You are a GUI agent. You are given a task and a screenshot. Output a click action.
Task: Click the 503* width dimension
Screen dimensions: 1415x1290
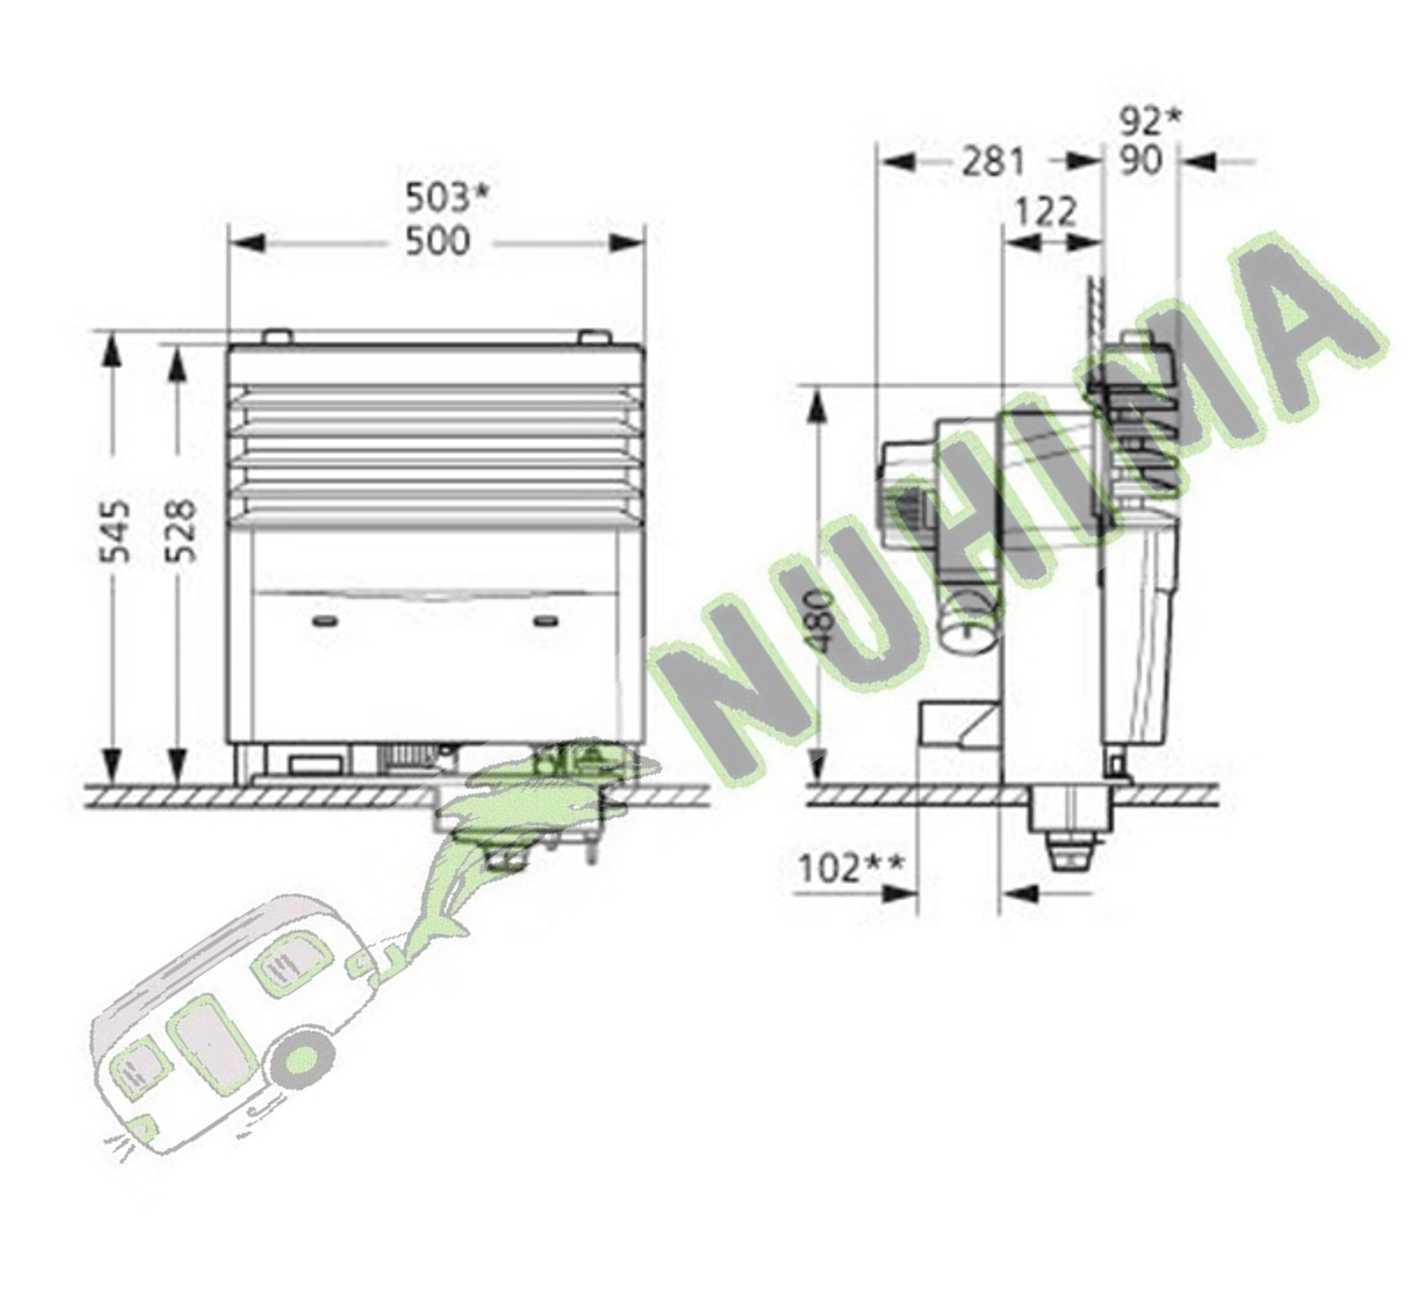(x=446, y=198)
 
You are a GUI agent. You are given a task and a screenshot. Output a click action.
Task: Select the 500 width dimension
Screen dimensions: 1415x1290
(x=437, y=242)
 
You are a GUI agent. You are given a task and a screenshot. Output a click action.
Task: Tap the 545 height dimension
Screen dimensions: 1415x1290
(x=114, y=531)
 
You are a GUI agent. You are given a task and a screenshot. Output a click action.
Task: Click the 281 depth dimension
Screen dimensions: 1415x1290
(x=994, y=161)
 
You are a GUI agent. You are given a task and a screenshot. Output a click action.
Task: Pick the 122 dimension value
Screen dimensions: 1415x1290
(x=1045, y=212)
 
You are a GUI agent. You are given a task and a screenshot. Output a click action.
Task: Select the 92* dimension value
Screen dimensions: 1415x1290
(x=1150, y=121)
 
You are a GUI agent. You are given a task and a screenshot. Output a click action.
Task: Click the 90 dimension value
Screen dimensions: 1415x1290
(x=1141, y=161)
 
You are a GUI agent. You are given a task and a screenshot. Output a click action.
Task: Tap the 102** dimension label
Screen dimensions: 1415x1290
(x=851, y=868)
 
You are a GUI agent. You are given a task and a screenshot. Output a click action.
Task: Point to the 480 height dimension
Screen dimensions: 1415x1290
(x=819, y=621)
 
